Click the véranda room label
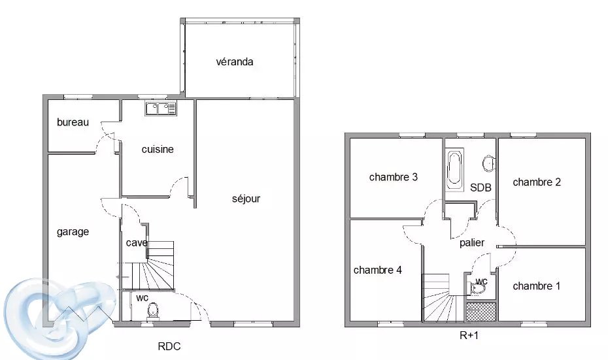(x=235, y=61)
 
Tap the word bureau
(x=73, y=122)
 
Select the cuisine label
(x=158, y=149)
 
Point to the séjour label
(x=246, y=199)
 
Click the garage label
(x=73, y=232)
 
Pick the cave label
(x=137, y=243)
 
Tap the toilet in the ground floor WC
(x=154, y=310)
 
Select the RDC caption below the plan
(x=169, y=346)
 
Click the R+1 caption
(x=469, y=335)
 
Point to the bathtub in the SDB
(x=454, y=170)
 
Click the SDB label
(x=481, y=188)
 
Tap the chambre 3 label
(x=393, y=177)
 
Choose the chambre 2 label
(x=537, y=182)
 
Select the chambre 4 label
(x=377, y=270)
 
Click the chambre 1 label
(x=536, y=286)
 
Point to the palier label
(x=472, y=243)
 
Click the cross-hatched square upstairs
(x=481, y=312)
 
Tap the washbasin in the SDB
(x=489, y=163)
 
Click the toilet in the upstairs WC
(x=478, y=288)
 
